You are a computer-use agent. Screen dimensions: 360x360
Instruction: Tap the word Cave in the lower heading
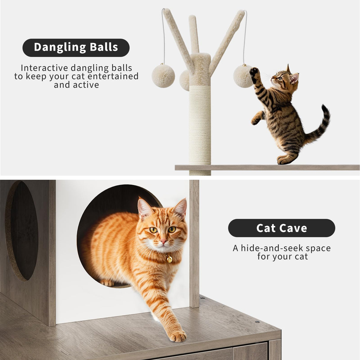294,228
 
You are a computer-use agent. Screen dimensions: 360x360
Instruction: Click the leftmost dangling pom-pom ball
163,76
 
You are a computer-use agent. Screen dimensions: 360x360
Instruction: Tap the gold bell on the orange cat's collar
169,259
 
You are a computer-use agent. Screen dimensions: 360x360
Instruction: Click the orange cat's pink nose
163,242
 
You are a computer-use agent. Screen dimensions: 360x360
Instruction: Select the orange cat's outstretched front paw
177,336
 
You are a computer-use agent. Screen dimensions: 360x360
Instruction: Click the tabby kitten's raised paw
254,71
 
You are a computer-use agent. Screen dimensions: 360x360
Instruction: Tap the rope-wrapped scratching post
200,125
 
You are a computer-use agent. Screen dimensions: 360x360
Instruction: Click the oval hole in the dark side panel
22,231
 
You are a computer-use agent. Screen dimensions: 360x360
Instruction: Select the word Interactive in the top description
44,68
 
